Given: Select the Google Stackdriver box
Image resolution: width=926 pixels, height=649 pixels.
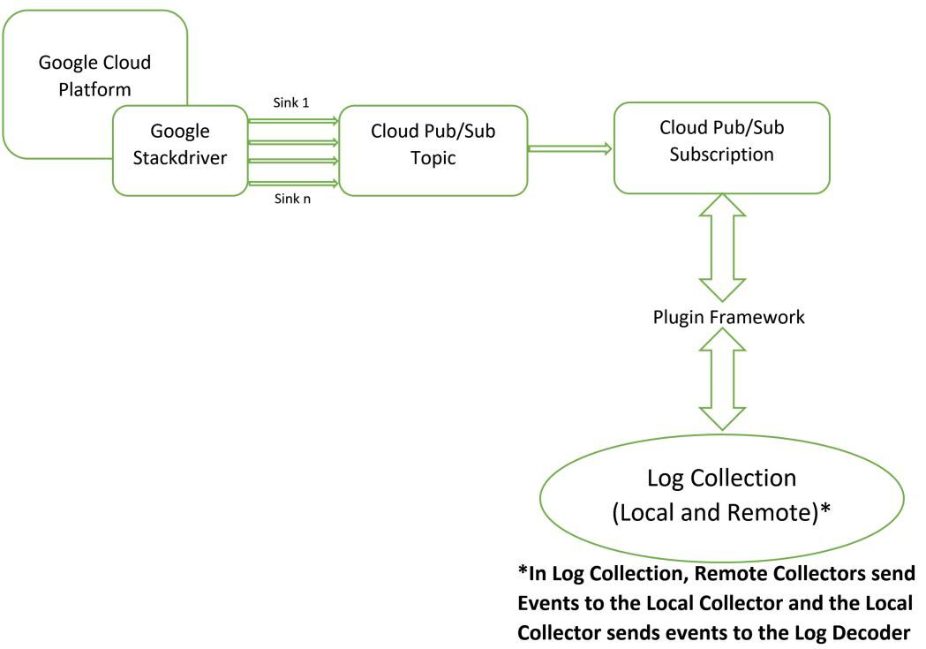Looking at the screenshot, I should tap(179, 149).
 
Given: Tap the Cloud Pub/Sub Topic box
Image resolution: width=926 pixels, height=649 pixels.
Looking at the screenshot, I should tap(433, 149).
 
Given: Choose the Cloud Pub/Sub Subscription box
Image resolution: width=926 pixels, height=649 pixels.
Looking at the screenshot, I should tap(721, 147).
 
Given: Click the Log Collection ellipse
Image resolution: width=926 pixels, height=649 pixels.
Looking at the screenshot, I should tap(721, 495).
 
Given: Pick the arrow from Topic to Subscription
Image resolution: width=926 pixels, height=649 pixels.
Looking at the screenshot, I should tap(570, 149).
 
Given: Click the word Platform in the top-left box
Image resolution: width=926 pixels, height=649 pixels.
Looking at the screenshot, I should tap(95, 89).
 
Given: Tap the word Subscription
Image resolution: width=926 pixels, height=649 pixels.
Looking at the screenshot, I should tap(722, 154).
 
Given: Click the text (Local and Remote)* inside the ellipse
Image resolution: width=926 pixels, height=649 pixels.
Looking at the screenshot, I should tap(721, 512).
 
